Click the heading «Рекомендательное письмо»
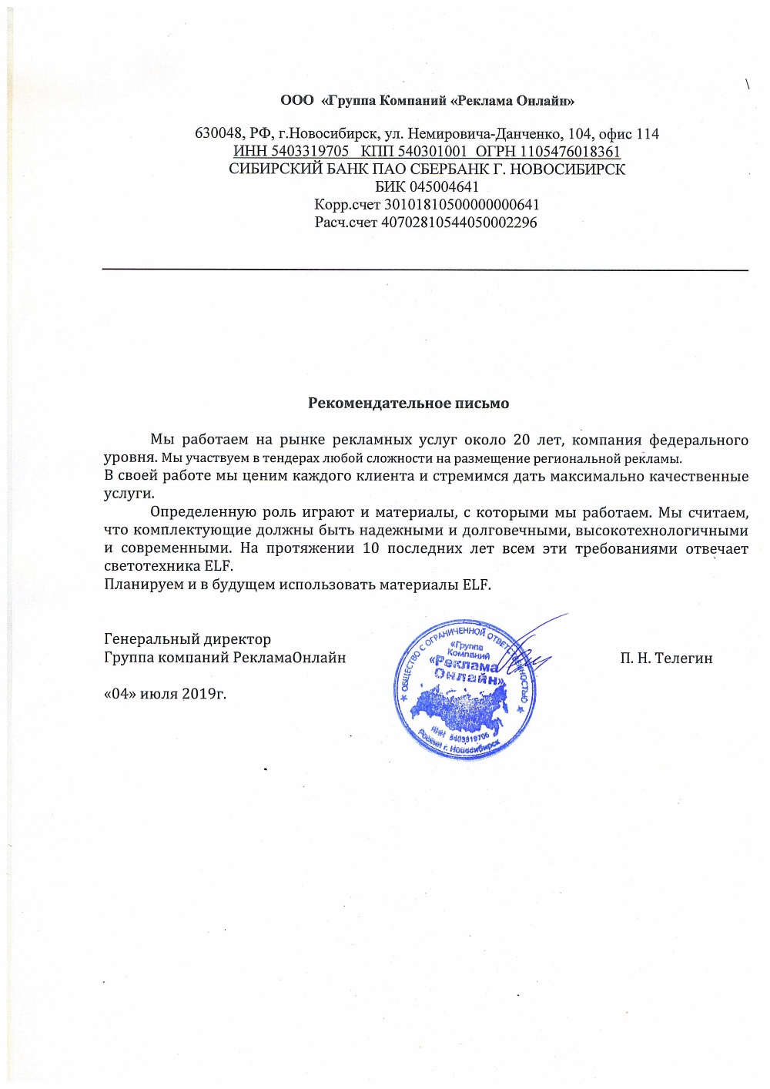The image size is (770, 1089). [408, 403]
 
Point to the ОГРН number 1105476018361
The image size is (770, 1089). [570, 152]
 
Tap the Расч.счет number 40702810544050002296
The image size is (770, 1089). [460, 223]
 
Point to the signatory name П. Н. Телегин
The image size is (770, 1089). [666, 658]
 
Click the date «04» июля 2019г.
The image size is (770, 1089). [165, 693]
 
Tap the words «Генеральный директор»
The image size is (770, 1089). [187, 639]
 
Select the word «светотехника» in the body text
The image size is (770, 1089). [152, 566]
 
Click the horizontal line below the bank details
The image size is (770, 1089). [425, 270]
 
